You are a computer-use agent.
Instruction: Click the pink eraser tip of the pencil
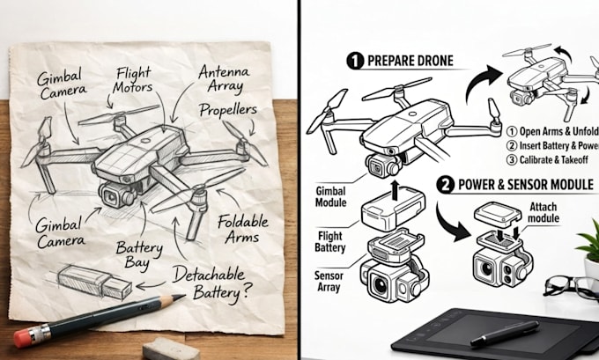click(x=22, y=338)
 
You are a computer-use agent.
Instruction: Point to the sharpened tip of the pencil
click(x=183, y=296)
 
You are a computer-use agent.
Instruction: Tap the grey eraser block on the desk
click(x=171, y=349)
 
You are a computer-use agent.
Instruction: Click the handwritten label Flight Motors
click(x=132, y=80)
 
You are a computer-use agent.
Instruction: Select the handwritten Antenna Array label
click(x=224, y=78)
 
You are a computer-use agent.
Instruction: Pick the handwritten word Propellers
click(x=228, y=110)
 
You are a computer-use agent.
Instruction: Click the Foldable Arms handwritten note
click(x=242, y=229)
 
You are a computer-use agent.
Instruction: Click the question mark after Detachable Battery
click(x=247, y=290)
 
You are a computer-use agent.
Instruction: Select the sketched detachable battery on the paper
click(x=94, y=283)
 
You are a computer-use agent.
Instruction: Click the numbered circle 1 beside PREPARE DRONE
click(x=355, y=61)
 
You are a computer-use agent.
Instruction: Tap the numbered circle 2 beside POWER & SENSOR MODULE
click(x=445, y=185)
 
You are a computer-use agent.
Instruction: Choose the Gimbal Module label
click(x=331, y=196)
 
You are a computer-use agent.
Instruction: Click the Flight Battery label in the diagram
click(x=330, y=242)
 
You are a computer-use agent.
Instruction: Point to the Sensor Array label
click(x=329, y=282)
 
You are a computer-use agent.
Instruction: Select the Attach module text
click(x=544, y=213)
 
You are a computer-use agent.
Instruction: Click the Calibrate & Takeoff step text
click(x=547, y=159)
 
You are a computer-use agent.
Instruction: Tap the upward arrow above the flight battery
click(x=395, y=190)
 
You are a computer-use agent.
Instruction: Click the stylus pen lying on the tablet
click(x=505, y=334)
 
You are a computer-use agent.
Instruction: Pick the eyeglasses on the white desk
click(x=570, y=287)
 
